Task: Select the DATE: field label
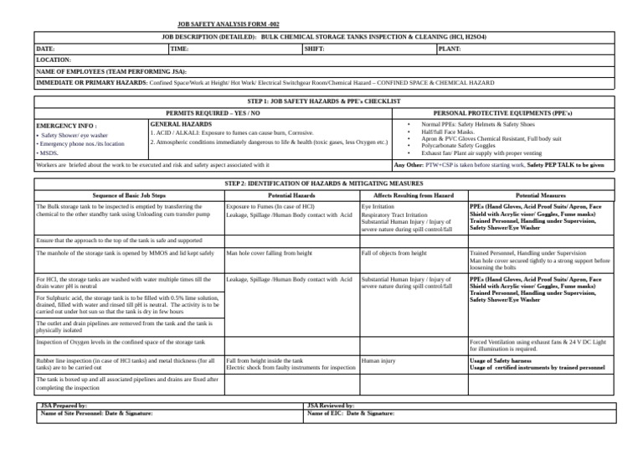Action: [46, 49]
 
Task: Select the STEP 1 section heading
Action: [321, 101]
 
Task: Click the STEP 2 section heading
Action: [321, 182]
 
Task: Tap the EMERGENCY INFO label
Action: [67, 125]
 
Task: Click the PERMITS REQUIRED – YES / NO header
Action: [213, 111]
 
